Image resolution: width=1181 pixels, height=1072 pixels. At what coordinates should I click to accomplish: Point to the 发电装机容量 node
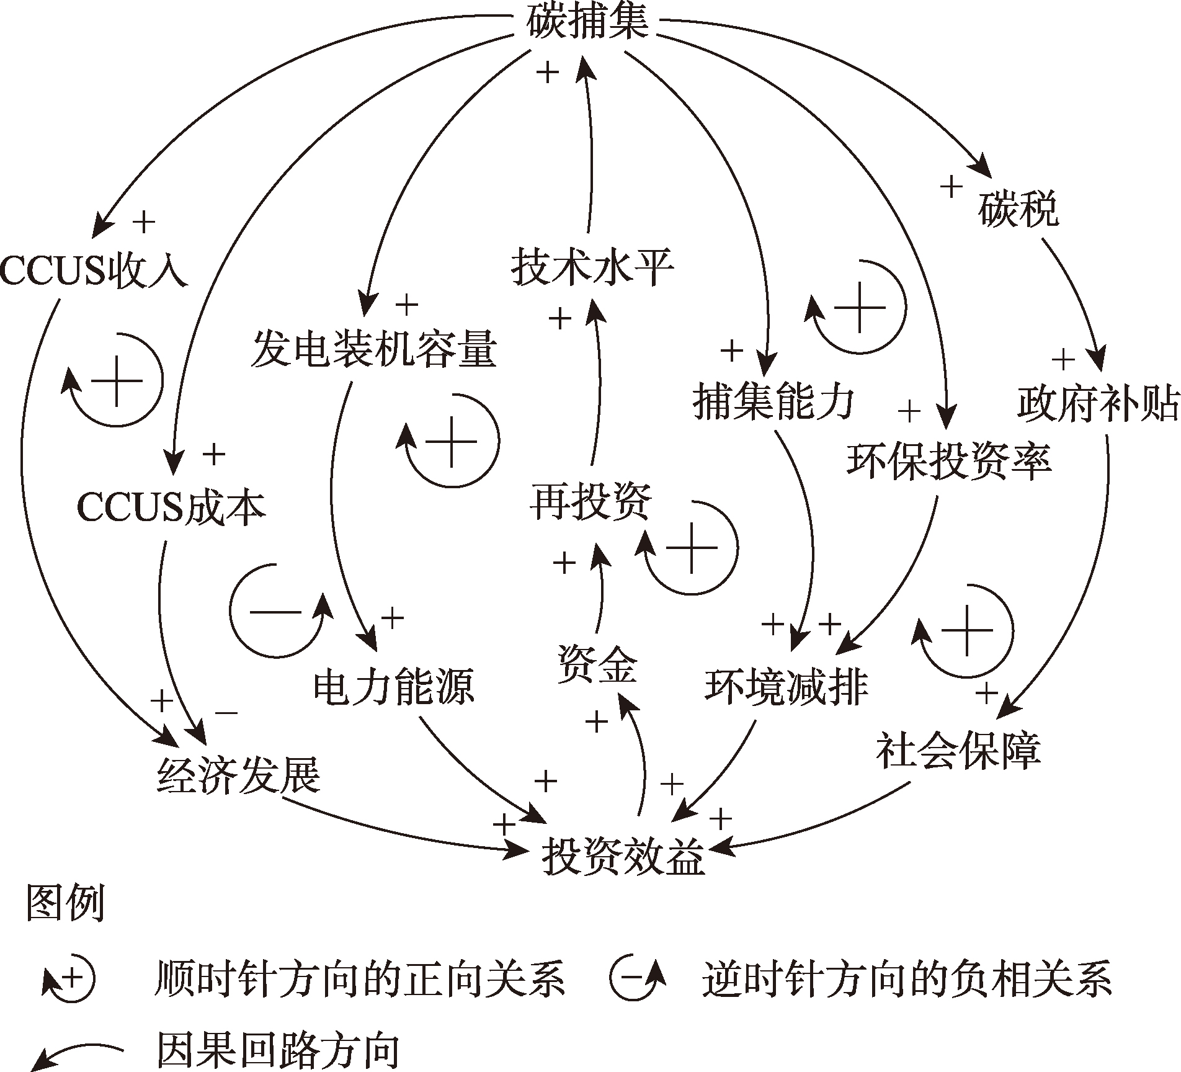click(x=374, y=349)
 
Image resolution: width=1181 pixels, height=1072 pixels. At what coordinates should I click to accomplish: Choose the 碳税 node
click(x=1018, y=210)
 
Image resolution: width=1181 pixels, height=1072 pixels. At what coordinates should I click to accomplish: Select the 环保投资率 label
click(x=949, y=462)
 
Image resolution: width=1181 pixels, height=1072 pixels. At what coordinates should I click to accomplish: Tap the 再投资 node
click(x=591, y=501)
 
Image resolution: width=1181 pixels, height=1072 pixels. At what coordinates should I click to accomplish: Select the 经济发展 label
click(x=239, y=775)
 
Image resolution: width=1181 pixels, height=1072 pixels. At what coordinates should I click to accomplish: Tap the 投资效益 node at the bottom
click(x=623, y=858)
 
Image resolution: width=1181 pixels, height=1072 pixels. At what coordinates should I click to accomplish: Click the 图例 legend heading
click(x=65, y=903)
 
